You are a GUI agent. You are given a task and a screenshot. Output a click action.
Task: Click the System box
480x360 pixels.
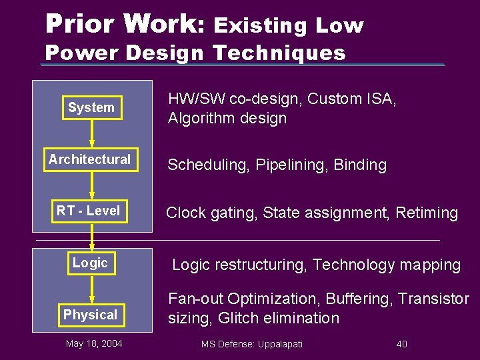[91, 108]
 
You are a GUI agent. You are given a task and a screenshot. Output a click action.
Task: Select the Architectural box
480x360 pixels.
[90, 160]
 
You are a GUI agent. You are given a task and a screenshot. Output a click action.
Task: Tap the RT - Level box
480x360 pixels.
[89, 211]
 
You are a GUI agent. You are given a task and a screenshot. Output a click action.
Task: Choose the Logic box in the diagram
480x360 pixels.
[90, 263]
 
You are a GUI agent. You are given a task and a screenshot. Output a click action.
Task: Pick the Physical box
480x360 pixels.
[90, 315]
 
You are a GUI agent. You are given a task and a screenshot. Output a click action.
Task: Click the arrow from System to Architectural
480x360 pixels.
[92, 133]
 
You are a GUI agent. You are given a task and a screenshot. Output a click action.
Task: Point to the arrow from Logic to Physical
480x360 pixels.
[92, 289]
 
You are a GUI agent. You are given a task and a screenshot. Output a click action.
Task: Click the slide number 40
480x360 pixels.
[401, 344]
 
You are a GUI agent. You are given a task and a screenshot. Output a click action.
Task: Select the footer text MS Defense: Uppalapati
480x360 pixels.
[252, 344]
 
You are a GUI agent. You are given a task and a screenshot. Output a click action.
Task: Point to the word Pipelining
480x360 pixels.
[293, 165]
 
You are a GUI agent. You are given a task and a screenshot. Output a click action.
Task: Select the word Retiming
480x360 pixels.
[427, 213]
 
